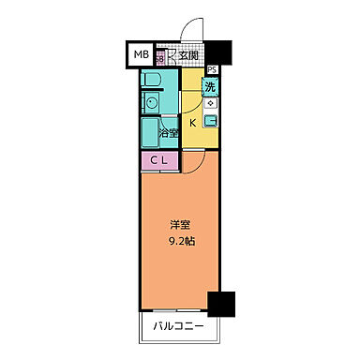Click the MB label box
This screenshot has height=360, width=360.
click(140, 56)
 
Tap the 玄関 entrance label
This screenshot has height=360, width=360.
click(188, 56)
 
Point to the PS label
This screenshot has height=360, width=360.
click(212, 69)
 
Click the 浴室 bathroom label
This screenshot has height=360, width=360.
click(169, 134)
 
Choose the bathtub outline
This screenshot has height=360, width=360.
click(150, 129)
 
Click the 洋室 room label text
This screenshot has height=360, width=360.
click(181, 224)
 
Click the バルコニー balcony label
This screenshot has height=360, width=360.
click(183, 328)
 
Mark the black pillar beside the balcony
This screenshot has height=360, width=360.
click(220, 305)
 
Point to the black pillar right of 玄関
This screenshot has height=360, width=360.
click(218, 53)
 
